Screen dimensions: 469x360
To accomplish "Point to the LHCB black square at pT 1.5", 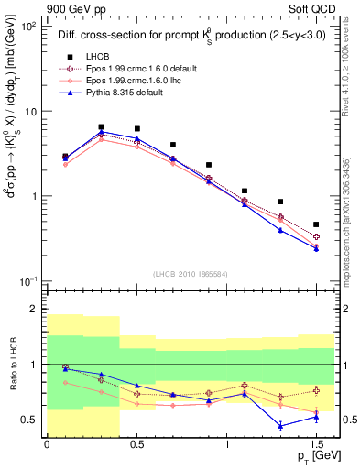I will click(316, 224).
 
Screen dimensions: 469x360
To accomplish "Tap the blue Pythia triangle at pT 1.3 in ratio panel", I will click(280, 426).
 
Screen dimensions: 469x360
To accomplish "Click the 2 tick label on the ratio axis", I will click(33, 310).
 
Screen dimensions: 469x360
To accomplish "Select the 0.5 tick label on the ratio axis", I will click(28, 420).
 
